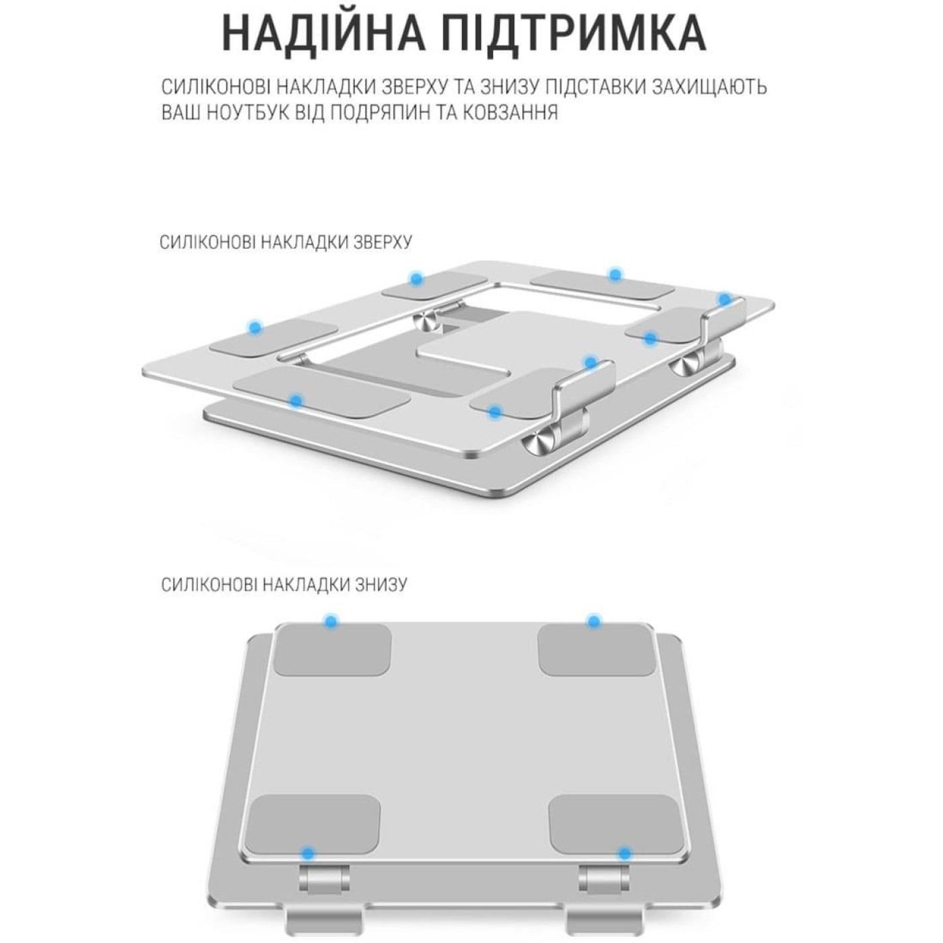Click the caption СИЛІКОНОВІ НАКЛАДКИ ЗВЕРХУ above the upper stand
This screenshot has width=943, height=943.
286,242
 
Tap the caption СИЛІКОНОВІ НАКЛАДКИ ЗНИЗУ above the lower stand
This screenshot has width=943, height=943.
284,584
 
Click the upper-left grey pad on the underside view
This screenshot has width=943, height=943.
333,649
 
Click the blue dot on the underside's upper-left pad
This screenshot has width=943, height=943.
330,621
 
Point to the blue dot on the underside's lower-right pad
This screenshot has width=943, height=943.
624,854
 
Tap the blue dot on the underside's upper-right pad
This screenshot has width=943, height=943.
593,621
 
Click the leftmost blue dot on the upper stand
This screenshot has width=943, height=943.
255,328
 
